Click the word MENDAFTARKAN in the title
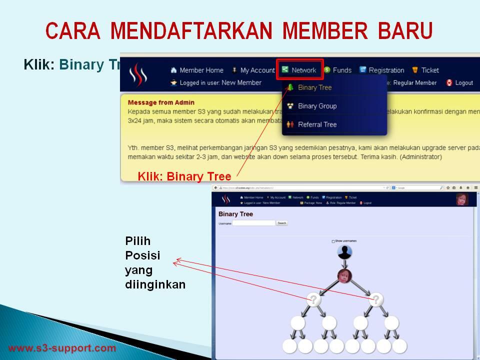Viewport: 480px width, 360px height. [191, 31]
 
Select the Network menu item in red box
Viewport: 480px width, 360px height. [300, 70]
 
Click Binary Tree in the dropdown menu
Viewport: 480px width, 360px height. [314, 87]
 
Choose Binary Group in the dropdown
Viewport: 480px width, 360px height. [317, 106]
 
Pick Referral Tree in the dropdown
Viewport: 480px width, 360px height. [317, 124]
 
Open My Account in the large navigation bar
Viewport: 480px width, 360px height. [257, 70]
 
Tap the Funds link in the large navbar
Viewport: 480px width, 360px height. [342, 70]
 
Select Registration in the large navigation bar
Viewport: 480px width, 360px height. [386, 70]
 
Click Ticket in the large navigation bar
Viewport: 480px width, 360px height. [429, 70]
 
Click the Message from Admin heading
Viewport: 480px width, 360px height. [161, 102]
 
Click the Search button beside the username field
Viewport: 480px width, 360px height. [282, 223]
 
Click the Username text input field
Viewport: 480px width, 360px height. [253, 223]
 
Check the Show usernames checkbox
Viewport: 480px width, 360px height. [333, 241]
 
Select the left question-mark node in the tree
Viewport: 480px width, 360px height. [313, 299]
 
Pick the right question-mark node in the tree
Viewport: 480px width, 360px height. [376, 299]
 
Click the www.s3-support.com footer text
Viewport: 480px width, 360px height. [62, 348]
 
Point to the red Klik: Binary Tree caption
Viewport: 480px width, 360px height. [184, 176]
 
